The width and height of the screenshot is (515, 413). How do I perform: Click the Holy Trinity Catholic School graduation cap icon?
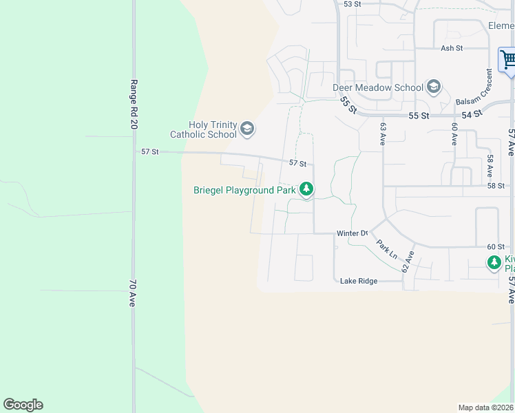click(x=247, y=128)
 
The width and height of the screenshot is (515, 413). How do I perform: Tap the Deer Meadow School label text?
click(x=378, y=87)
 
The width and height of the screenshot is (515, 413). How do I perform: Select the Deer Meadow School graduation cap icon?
click(x=434, y=87)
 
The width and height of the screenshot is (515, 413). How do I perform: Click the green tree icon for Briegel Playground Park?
click(x=306, y=189)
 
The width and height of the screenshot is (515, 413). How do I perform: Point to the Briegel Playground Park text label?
click(x=244, y=190)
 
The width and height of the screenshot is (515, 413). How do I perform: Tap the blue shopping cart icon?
click(x=508, y=59)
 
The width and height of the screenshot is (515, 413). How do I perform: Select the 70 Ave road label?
click(x=134, y=293)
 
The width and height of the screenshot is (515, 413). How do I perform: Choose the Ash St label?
click(x=452, y=48)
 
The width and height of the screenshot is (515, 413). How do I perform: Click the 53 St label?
click(x=353, y=4)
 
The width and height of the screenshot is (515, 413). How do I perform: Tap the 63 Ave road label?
click(x=383, y=134)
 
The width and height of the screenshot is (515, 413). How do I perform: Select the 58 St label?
click(x=496, y=186)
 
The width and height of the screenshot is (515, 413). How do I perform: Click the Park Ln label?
click(x=386, y=248)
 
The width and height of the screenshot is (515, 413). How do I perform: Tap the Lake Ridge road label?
click(x=359, y=281)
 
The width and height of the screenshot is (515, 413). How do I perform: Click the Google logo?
click(x=23, y=405)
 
